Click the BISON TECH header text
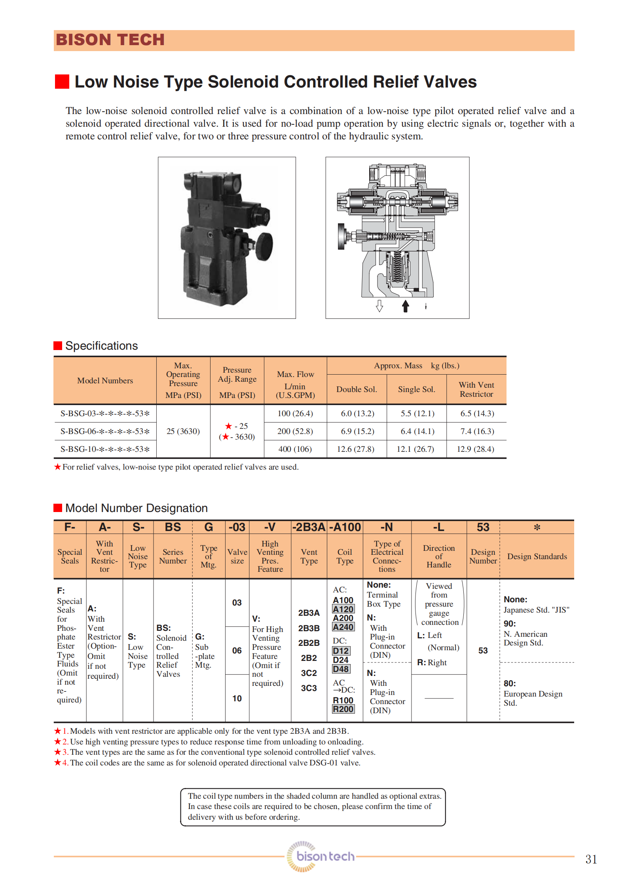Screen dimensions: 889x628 point(110,40)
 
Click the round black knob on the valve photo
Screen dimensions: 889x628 point(264,246)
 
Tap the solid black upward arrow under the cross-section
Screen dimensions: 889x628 point(405,306)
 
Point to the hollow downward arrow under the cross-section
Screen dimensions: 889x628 point(379,306)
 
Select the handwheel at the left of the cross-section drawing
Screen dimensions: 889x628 point(341,236)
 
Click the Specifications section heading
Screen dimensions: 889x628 point(101,346)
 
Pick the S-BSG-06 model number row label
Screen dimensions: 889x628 point(105,431)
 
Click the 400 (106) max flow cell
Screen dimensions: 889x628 point(295,449)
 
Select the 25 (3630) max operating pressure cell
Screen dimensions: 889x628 point(183,431)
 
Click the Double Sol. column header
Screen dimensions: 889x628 point(357,389)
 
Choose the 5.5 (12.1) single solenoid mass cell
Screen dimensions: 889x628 point(417,413)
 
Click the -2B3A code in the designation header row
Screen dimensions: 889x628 point(309,527)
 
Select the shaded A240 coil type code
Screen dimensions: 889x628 point(343,627)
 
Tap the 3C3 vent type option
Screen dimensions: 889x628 point(309,688)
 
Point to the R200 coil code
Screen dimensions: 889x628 point(343,709)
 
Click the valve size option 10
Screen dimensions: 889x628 point(237,699)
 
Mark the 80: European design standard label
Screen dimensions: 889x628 point(510,683)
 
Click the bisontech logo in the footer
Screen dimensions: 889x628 point(321,857)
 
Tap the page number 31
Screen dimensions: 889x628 point(591,859)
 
